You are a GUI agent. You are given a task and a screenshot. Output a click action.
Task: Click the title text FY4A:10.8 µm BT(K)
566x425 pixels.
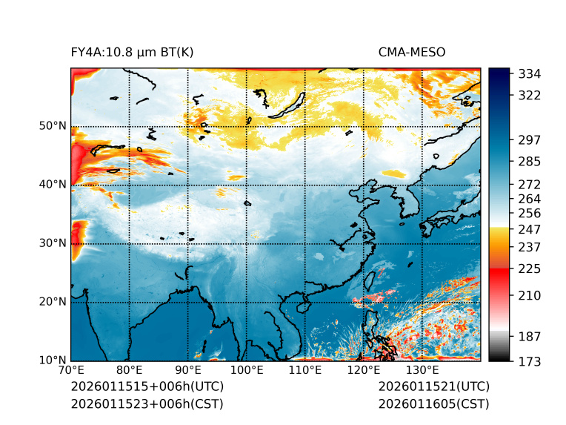tap(132, 53)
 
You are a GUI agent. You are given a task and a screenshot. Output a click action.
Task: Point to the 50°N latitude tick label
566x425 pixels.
tap(53, 125)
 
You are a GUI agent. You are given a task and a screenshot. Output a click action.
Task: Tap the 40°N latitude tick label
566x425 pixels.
tap(53, 184)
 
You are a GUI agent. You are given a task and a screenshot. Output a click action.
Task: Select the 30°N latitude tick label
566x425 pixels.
tap(53, 243)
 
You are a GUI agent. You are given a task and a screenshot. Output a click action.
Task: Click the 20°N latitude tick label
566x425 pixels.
tap(53, 301)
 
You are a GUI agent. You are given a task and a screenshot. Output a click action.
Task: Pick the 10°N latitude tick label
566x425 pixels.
tap(53, 360)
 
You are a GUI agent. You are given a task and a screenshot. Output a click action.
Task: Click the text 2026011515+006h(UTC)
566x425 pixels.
tap(147, 387)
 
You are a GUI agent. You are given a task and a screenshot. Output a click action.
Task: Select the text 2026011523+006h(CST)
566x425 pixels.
tap(147, 404)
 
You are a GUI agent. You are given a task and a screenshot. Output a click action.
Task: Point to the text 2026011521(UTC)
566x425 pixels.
tap(433, 387)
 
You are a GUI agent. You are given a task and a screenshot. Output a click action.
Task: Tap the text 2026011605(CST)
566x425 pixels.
tap(433, 404)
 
